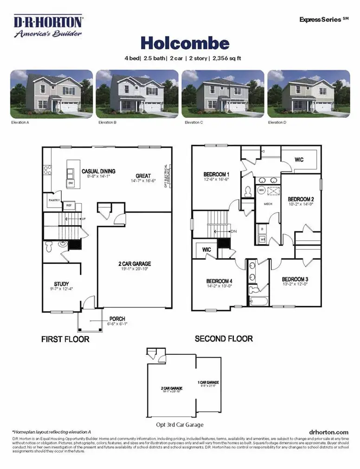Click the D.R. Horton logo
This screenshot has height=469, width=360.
[48, 27]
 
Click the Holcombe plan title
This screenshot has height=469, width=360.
[185, 43]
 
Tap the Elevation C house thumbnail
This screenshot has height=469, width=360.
[223, 93]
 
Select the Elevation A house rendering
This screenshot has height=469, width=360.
[51, 93]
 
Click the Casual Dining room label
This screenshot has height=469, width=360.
[98, 172]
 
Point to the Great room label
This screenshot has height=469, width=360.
[143, 176]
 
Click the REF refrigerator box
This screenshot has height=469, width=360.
[68, 205]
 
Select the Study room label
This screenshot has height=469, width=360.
[61, 283]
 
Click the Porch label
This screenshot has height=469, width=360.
[117, 319]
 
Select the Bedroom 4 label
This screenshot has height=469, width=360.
[219, 281]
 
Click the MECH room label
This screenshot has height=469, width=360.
[268, 204]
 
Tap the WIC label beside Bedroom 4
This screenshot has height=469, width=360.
[206, 250]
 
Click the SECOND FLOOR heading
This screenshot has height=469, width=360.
[224, 339]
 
